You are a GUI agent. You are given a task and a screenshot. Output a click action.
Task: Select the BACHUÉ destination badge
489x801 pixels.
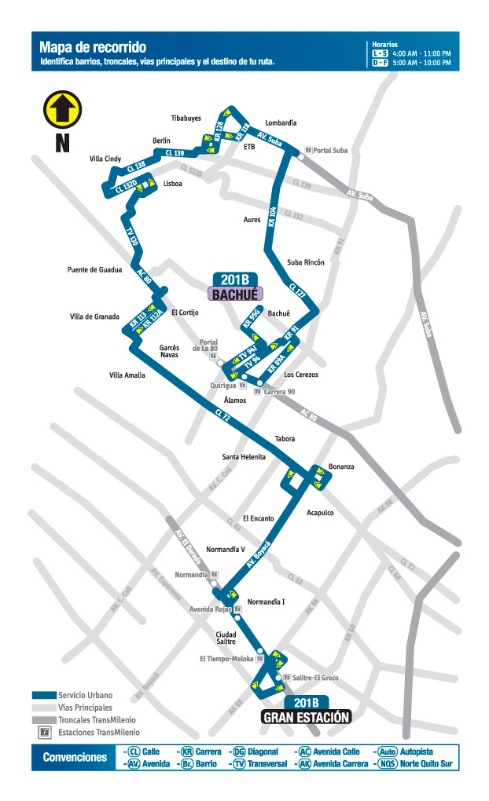pos(235,294)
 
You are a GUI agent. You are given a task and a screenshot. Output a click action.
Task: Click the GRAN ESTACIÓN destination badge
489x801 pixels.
pos(305,716)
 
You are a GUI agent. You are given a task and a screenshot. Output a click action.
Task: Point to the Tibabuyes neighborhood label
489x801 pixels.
pos(186,119)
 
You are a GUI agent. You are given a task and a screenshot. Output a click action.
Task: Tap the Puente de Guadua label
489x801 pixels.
pos(94,270)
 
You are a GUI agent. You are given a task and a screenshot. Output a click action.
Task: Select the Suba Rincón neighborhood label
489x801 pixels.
pos(306,262)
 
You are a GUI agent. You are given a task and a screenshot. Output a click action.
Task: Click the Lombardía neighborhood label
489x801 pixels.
pos(281,123)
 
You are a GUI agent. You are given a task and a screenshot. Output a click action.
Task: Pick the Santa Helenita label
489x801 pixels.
pos(244,457)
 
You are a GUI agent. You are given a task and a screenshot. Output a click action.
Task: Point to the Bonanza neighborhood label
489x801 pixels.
pos(341,466)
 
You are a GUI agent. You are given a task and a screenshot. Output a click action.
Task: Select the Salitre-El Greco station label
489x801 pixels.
pos(315,677)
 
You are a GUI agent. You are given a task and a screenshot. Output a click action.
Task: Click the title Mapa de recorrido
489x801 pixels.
pos(93,48)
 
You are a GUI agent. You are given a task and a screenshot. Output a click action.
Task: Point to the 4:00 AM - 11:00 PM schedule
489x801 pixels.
pos(422,53)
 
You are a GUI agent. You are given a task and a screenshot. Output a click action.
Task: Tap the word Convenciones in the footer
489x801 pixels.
pos(75,758)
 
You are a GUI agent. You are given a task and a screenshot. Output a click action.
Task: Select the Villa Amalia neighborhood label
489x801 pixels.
pos(127,375)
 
